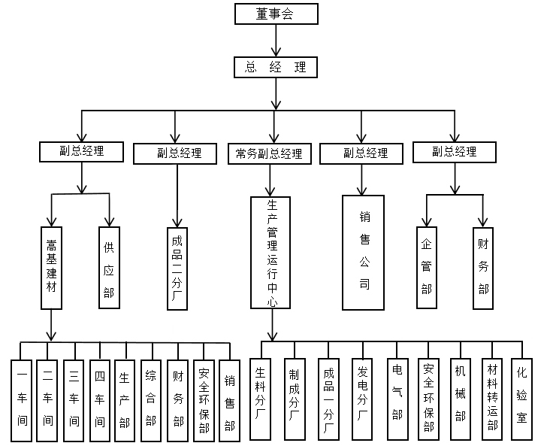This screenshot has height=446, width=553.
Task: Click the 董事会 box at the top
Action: [276, 13]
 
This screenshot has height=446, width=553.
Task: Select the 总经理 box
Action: [276, 67]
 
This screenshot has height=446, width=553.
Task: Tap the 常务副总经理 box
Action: [268, 153]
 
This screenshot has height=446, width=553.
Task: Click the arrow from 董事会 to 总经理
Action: [276, 39]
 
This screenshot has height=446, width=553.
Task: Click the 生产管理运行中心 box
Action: [272, 252]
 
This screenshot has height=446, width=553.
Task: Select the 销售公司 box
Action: [364, 252]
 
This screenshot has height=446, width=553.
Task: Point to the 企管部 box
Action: [427, 267]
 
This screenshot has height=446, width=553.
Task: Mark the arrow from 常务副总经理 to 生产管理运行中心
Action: [269, 179]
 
